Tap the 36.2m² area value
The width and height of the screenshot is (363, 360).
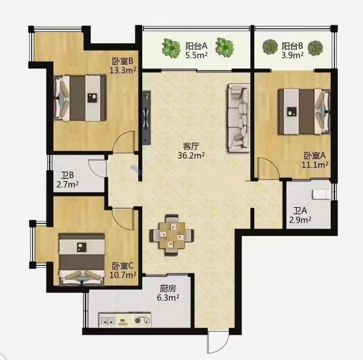coord(191,155)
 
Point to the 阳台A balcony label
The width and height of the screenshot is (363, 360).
coord(196,46)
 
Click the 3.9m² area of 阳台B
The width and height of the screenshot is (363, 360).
coord(292,56)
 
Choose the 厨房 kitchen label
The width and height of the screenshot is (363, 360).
coord(168,289)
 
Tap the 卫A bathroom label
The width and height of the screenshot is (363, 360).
coord(300,211)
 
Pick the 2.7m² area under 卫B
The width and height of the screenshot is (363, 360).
coord(67,184)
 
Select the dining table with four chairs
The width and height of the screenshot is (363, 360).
coord(172,235)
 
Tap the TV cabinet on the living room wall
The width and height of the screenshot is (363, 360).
coord(147,118)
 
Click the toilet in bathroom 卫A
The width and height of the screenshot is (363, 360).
coord(322,194)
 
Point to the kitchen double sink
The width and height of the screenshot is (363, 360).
coord(108,320)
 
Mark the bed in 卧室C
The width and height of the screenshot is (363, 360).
coord(81,259)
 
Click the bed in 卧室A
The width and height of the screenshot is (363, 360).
coord(304,111)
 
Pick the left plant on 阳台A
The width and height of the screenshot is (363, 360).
coord(171,48)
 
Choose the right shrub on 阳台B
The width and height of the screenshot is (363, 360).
coord(315,48)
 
